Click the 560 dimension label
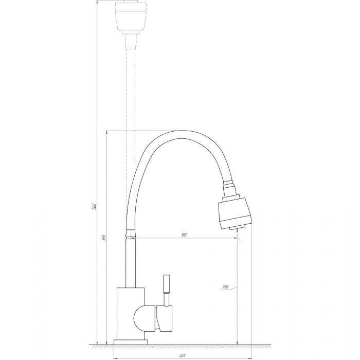coord(94,206)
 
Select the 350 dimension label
coord(103,238)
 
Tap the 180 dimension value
coord(184,235)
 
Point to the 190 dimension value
coord(225,287)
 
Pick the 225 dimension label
coord(182,356)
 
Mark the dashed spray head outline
coord(130,17)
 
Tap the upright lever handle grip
coord(167,283)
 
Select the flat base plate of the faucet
coord(131,342)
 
